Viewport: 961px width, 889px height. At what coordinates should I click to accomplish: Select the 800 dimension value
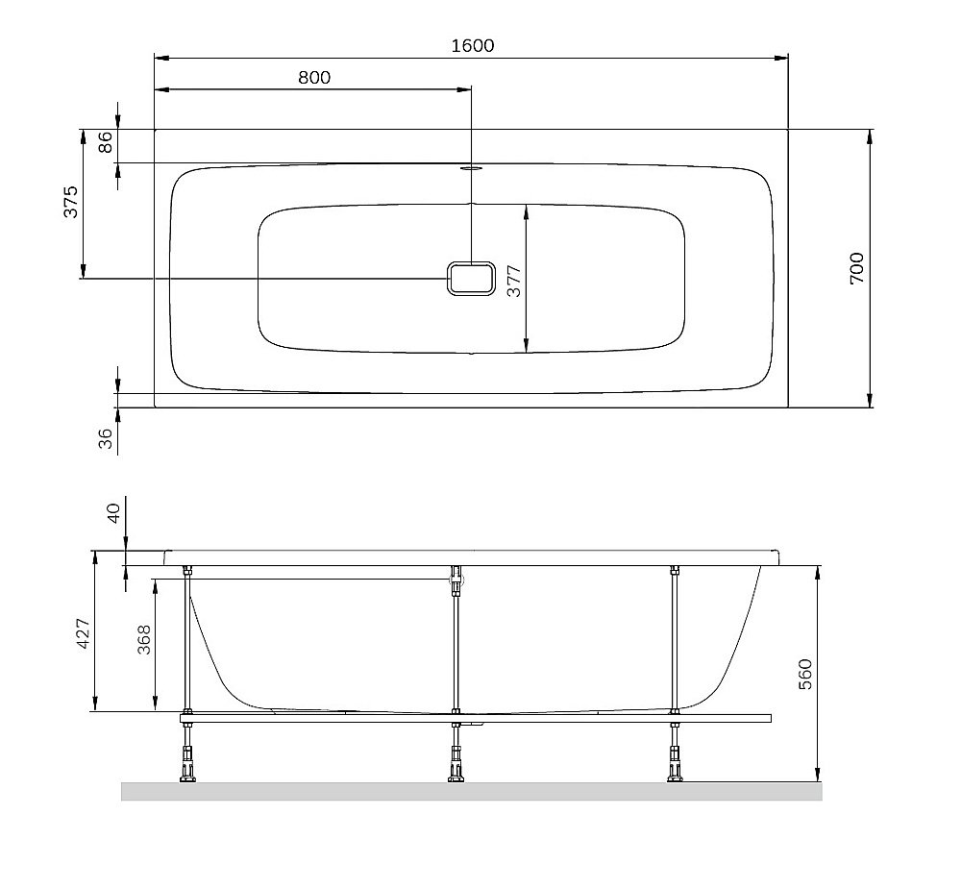(x=313, y=78)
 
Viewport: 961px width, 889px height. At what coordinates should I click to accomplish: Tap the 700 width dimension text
(x=856, y=267)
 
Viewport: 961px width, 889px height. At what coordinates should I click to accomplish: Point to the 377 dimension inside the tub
(x=513, y=280)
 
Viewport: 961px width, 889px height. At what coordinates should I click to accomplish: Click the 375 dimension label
(x=71, y=202)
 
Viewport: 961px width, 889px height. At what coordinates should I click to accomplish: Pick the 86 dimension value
(x=106, y=142)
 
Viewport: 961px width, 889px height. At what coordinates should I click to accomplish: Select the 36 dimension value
(x=106, y=438)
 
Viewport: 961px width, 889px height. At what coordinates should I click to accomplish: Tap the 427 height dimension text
(x=83, y=635)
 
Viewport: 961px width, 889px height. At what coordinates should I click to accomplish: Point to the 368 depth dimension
(x=143, y=640)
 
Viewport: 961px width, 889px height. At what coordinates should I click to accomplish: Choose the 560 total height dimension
(x=805, y=674)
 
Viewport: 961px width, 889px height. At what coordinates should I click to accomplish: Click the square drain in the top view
(x=471, y=279)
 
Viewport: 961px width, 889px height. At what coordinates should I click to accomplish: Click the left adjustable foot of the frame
(x=187, y=769)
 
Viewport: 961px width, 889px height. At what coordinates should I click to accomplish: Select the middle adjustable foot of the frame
(x=456, y=769)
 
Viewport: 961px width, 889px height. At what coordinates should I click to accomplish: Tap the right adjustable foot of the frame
(x=676, y=769)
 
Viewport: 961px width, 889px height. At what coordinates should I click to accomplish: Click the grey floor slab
(x=471, y=791)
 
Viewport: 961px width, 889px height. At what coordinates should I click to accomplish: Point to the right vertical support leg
(x=676, y=639)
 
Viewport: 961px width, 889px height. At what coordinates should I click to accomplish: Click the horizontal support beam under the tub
(x=476, y=717)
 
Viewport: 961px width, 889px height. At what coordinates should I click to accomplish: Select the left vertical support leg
(x=187, y=639)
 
